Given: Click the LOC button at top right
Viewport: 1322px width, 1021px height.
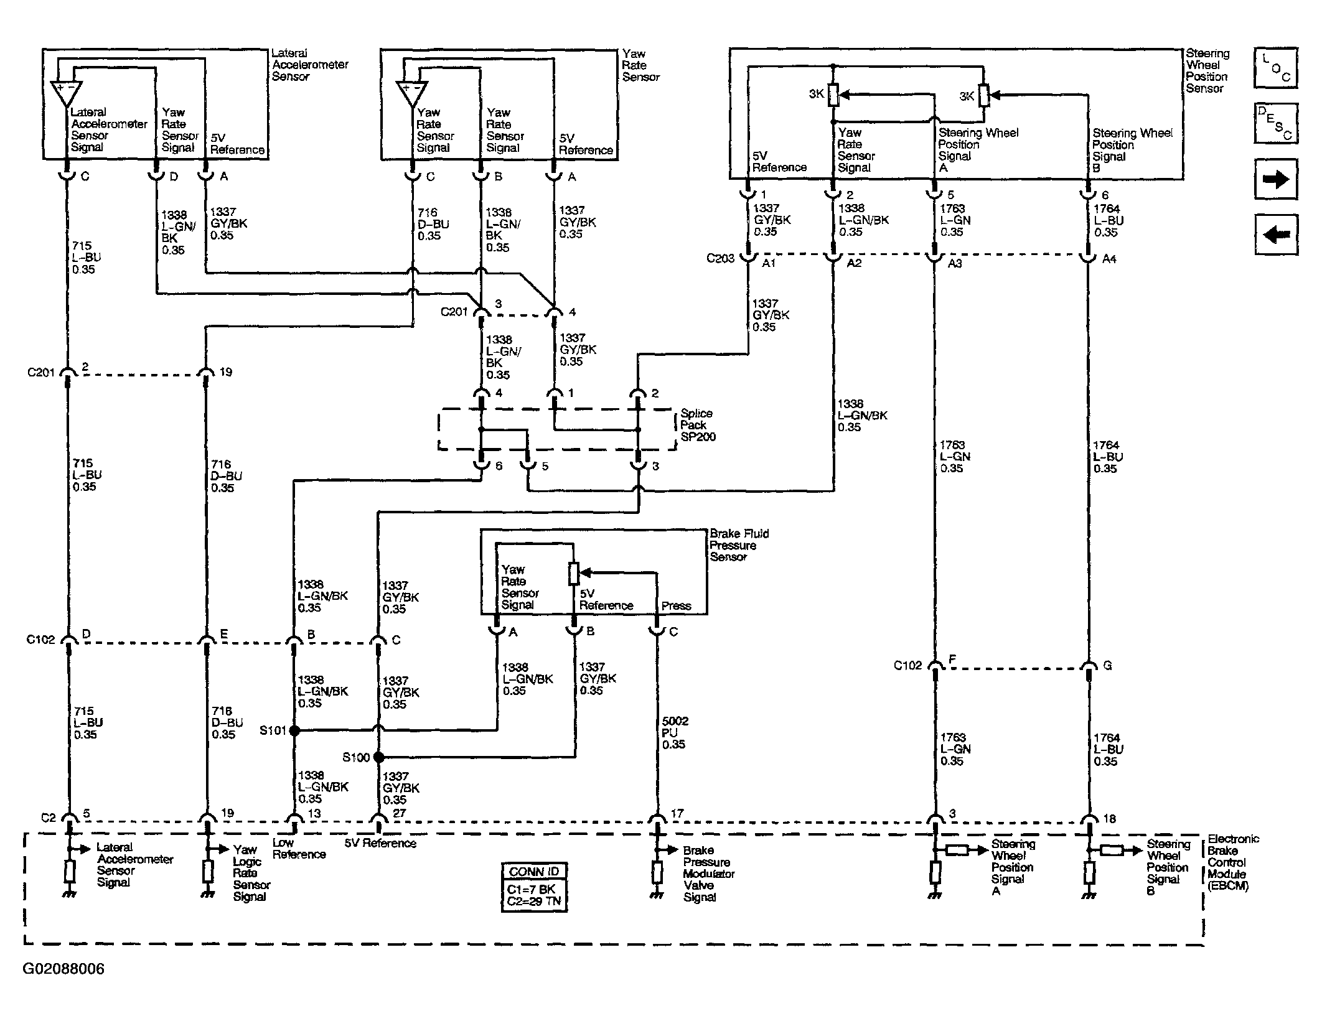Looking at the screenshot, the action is (x=1275, y=68).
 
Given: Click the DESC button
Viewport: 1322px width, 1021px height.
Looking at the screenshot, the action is (x=1275, y=123).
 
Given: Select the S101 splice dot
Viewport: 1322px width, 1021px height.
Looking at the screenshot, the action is (x=294, y=730).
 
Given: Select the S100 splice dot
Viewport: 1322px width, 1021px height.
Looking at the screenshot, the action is (x=378, y=757).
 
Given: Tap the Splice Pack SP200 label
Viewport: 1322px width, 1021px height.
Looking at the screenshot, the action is (x=698, y=425).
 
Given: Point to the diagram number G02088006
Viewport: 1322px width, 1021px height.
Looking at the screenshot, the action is (x=64, y=969).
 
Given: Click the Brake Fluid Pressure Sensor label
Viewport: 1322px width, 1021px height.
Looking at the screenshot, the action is (x=739, y=545).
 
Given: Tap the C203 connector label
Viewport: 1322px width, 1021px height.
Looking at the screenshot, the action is (x=720, y=258).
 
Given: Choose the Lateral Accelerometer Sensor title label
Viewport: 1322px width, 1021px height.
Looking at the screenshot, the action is (x=309, y=65).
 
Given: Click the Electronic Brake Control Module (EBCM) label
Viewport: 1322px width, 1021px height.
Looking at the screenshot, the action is (x=1233, y=862).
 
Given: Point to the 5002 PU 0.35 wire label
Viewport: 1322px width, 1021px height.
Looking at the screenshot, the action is (x=675, y=732).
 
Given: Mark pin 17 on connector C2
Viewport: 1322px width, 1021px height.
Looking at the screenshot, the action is (x=677, y=813).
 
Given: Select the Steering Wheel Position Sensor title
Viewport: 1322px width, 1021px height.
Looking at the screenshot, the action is (x=1207, y=71).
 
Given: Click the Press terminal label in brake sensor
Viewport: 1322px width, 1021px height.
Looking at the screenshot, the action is (x=676, y=605).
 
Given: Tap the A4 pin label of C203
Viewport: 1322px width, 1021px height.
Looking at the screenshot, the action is (x=1109, y=259).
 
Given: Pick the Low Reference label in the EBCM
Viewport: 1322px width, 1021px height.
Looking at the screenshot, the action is (x=299, y=849).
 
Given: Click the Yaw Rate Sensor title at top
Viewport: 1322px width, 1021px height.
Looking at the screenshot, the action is (x=640, y=65).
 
